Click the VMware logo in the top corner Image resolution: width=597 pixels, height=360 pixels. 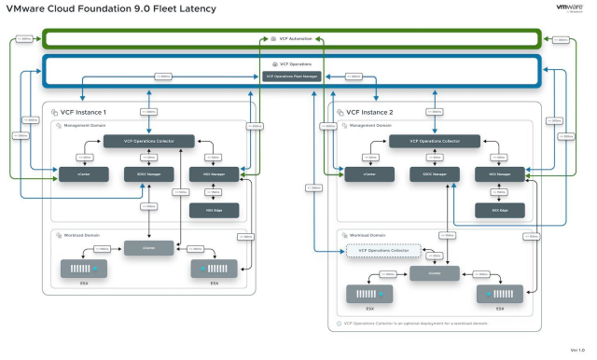[569, 8]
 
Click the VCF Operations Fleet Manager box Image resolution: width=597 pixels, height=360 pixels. [292, 76]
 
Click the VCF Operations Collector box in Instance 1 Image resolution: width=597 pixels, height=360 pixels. [149, 141]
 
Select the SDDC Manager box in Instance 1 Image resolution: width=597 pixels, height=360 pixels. [143, 173]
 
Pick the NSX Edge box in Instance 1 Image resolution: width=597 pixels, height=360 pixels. [214, 210]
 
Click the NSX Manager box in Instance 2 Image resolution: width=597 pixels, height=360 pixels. [500, 173]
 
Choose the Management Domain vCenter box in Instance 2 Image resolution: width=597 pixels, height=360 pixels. [357, 173]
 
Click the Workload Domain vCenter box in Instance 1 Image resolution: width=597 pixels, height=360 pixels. [149, 248]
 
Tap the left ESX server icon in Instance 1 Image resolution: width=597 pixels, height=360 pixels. [84, 269]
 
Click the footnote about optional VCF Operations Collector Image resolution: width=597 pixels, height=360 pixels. [401, 324]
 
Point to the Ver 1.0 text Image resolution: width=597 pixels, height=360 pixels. [576, 350]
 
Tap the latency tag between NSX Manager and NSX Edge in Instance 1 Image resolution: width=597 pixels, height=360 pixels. [214, 191]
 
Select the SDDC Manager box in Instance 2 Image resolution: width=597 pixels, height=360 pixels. [428, 173]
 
